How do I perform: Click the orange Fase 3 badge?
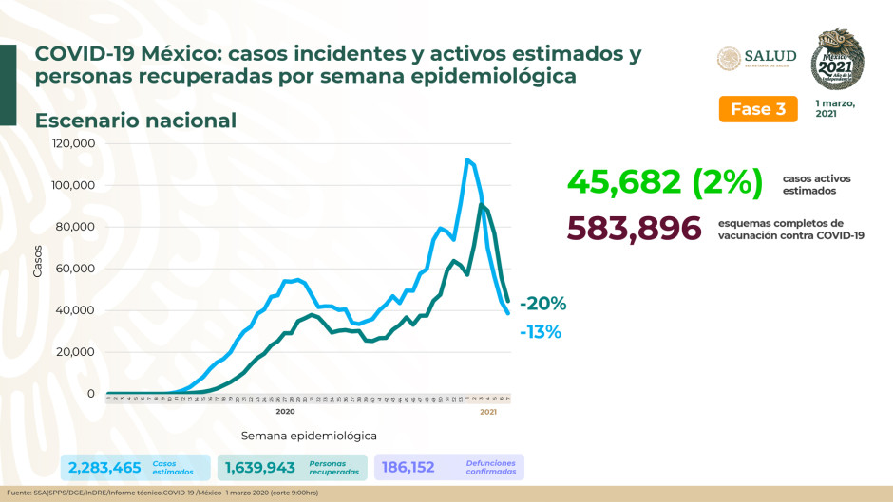[x=757, y=108]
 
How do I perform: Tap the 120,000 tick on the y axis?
[x=73, y=143]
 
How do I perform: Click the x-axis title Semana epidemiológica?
[x=309, y=436]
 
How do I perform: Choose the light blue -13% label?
[x=541, y=332]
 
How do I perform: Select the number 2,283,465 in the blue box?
[x=104, y=467]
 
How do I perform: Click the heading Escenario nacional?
[x=136, y=121]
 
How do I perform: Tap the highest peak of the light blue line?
[x=467, y=159]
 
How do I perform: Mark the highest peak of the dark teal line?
[x=482, y=205]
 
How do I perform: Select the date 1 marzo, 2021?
[x=835, y=107]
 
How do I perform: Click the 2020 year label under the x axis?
[x=285, y=412]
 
